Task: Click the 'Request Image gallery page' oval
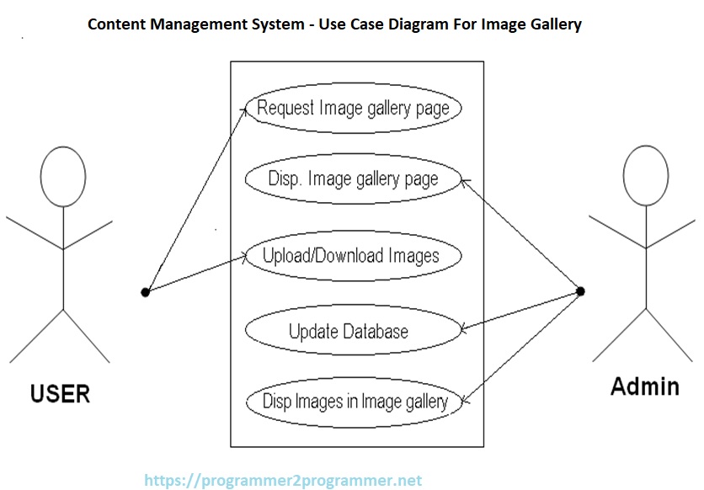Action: pyautogui.click(x=354, y=109)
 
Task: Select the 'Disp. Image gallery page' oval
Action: pyautogui.click(x=353, y=178)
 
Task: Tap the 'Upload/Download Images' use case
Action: pyautogui.click(x=351, y=255)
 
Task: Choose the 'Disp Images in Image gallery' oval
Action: pyautogui.click(x=355, y=402)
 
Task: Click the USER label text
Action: pyautogui.click(x=60, y=393)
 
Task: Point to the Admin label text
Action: pyautogui.click(x=644, y=386)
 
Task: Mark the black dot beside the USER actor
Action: pyautogui.click(x=145, y=292)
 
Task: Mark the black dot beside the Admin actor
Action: pyautogui.click(x=579, y=291)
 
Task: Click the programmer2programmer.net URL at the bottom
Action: pyautogui.click(x=283, y=481)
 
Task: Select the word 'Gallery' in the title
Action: pyautogui.click(x=552, y=24)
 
